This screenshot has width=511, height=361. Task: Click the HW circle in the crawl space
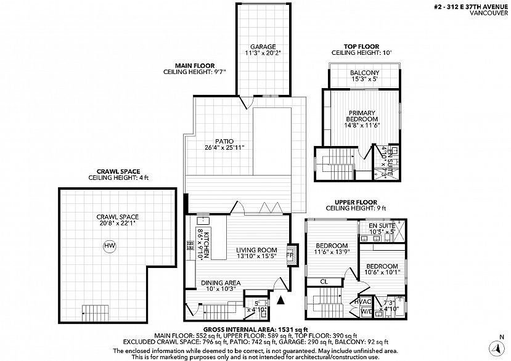point(110,246)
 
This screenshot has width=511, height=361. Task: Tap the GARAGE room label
point(263,47)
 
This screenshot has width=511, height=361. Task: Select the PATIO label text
point(224,142)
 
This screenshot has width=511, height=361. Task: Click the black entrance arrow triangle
point(280,300)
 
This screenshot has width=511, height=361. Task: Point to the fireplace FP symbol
point(289,255)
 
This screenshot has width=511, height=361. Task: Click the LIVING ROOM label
point(257,250)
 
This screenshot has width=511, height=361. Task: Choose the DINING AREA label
point(221,283)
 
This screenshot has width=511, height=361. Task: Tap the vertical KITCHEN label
point(206,242)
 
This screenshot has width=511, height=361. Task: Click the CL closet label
point(324,282)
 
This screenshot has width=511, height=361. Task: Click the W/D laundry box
point(366,312)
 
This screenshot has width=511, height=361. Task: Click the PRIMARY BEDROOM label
point(362,116)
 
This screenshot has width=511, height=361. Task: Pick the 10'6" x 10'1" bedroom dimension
point(382,272)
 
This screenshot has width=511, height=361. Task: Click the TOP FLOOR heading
point(361,47)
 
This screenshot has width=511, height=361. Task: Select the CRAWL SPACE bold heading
point(118,172)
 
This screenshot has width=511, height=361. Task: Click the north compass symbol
point(496,348)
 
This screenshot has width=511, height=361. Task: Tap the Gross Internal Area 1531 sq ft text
point(255,330)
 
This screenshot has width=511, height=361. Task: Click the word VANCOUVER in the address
point(489,13)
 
